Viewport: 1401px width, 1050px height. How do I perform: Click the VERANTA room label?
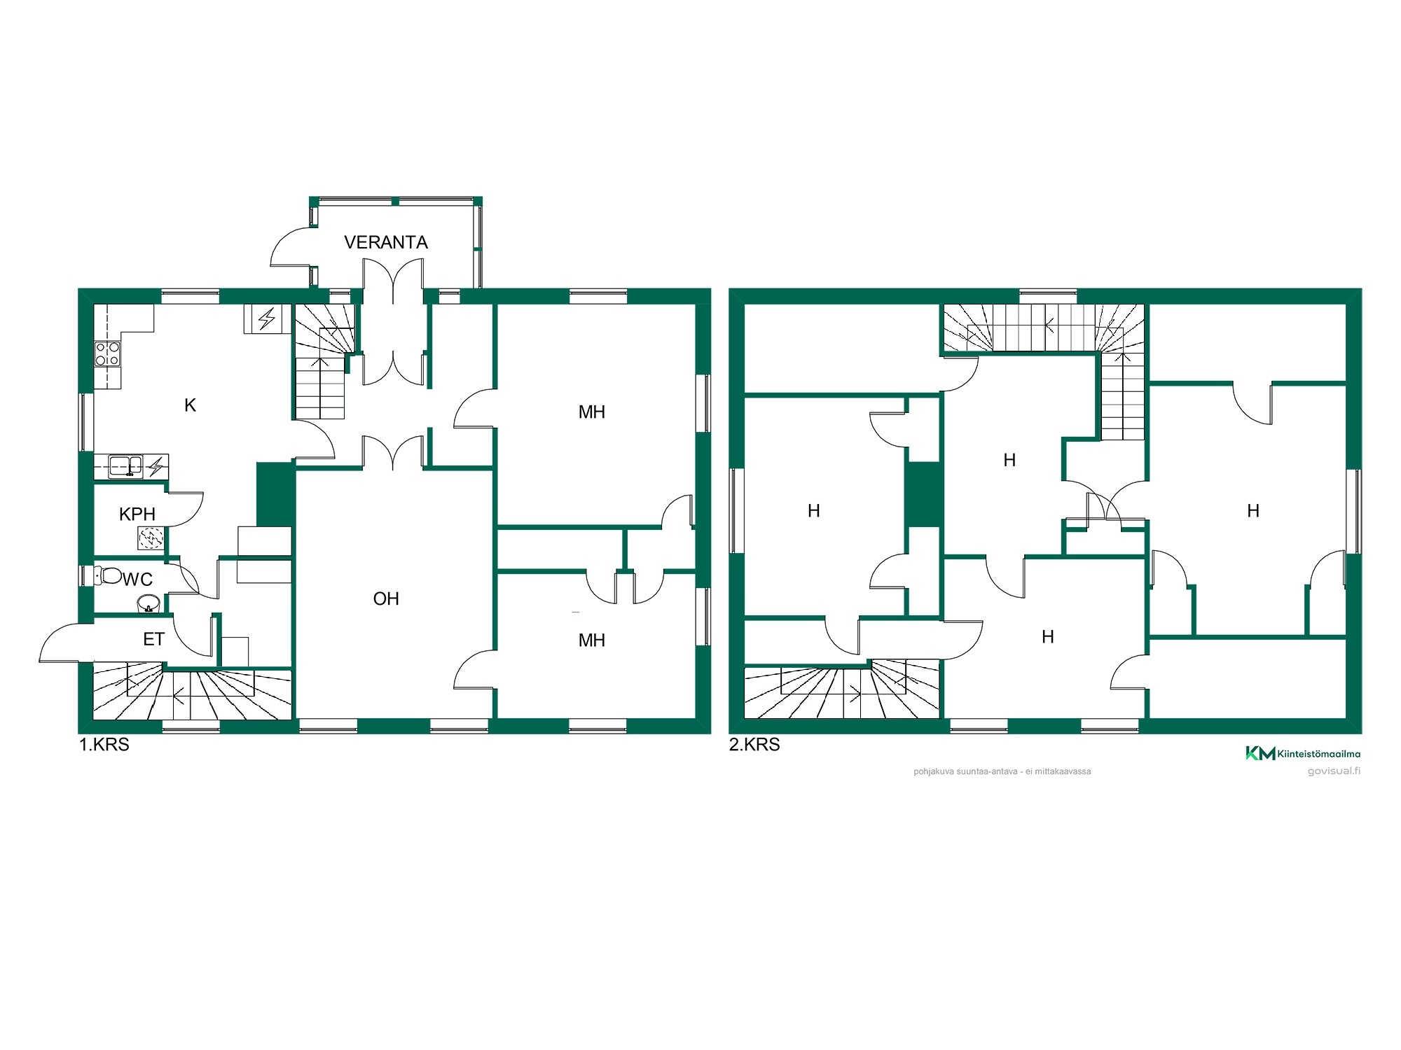[386, 242]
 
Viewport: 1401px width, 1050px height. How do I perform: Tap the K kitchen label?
[190, 405]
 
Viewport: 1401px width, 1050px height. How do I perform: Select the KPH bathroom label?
[137, 514]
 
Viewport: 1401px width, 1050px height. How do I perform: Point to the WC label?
[137, 579]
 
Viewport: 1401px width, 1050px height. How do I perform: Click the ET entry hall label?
[153, 639]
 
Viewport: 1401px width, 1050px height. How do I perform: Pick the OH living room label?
[386, 598]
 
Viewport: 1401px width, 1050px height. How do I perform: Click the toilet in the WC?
[108, 576]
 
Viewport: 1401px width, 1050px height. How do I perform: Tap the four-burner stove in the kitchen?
[107, 354]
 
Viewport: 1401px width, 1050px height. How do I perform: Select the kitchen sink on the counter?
[126, 465]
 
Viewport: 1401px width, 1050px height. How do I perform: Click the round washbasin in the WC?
[149, 603]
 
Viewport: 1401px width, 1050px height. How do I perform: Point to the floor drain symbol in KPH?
[151, 538]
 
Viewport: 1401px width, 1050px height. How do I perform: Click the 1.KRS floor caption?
[104, 744]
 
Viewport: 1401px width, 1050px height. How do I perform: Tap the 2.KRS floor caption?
[754, 744]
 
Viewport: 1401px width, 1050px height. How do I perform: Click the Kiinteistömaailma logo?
[1303, 753]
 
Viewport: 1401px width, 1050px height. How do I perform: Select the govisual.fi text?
[1334, 771]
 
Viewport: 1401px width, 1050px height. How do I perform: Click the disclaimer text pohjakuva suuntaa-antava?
[1002, 771]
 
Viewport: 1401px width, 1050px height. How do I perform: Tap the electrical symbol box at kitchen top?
[267, 319]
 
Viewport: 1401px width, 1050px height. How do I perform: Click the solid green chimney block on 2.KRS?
[923, 495]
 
